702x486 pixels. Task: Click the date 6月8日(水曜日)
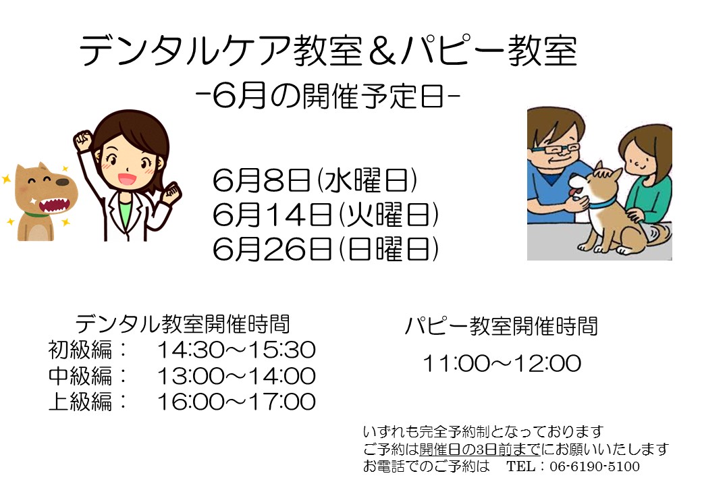point(315,180)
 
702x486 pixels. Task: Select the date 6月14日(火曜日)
point(325,215)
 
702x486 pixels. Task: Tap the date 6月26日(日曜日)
point(325,249)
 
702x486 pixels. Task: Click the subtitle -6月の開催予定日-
point(328,96)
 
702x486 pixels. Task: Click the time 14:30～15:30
point(236,350)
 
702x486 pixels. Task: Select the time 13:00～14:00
point(236,375)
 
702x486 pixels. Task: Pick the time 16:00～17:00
point(236,402)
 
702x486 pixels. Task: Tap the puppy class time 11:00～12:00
point(502,363)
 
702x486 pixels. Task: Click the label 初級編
point(80,350)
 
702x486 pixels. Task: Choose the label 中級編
point(80,375)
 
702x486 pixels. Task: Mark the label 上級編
point(80,402)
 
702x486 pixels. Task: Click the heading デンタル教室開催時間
point(183,324)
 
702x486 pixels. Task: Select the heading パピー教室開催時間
point(502,326)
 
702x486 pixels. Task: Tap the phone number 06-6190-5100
point(595,466)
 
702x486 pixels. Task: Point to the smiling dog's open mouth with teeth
point(55,205)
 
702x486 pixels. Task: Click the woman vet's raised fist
point(83,140)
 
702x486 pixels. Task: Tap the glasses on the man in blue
point(556,149)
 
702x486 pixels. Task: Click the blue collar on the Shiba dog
point(603,204)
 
